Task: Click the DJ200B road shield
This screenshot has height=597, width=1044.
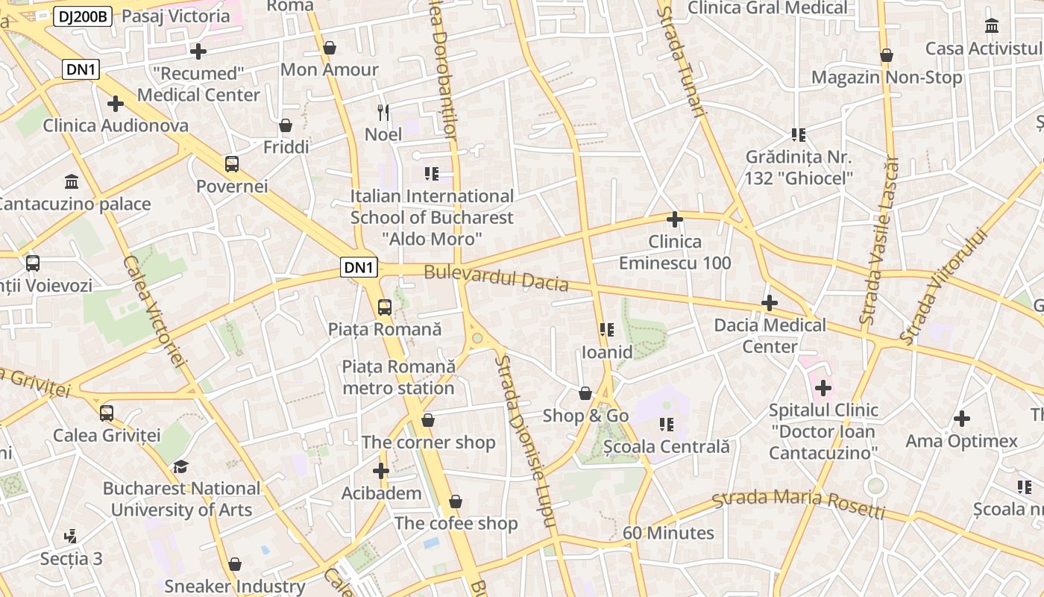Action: [82, 16]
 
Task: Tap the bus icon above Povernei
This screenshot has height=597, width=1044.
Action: [232, 164]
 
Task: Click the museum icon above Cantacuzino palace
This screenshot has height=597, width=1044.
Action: [72, 181]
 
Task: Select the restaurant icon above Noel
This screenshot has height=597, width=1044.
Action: [383, 113]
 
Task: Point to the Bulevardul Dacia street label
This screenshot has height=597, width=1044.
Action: [496, 278]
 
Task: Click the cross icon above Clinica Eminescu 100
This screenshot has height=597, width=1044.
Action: [675, 219]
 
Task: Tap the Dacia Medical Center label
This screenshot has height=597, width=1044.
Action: [770, 336]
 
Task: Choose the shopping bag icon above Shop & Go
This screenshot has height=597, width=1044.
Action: [586, 393]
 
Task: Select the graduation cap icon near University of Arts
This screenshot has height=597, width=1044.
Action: [181, 467]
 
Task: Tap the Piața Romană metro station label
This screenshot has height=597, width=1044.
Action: [398, 377]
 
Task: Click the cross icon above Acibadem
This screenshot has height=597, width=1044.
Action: [381, 471]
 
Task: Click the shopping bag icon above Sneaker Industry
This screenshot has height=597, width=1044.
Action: [235, 564]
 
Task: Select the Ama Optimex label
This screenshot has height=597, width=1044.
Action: [961, 441]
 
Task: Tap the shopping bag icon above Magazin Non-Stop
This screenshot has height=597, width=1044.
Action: [887, 55]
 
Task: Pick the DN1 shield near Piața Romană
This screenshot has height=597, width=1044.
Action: [359, 267]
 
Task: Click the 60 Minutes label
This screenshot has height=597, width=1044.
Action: [668, 533]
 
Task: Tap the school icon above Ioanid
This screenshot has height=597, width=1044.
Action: [606, 330]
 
